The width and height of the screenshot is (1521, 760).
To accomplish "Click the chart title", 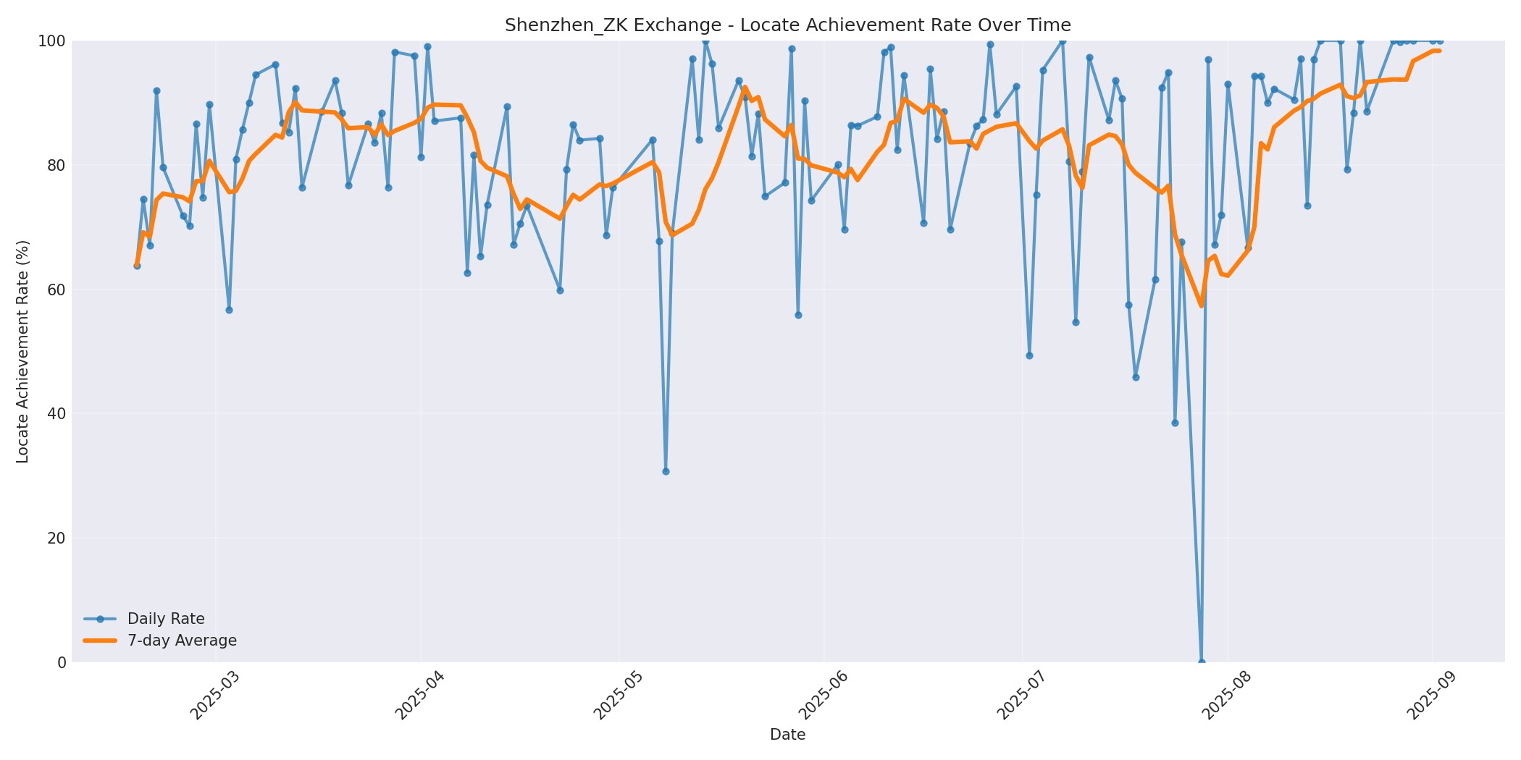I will tap(787, 25).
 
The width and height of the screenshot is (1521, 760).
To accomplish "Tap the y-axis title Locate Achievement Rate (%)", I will tap(22, 352).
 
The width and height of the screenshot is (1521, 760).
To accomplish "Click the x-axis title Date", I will tap(787, 735).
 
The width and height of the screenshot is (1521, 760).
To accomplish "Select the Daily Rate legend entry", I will tap(166, 619).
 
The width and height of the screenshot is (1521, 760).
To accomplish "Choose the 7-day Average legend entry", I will tap(182, 641).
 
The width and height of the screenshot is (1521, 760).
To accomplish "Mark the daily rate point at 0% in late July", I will tap(1202, 662).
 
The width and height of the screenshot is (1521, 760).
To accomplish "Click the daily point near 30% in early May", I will tap(666, 471).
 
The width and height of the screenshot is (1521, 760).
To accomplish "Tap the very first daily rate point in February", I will tap(137, 266).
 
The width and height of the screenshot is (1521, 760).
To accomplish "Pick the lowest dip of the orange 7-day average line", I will tap(1202, 305).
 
